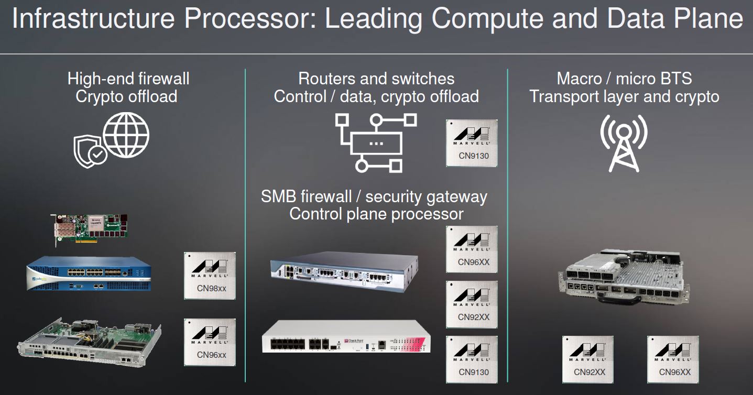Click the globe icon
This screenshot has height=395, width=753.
coord(126,135)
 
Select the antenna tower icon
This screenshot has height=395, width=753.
coord(624,144)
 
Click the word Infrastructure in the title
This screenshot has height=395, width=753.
coord(93,19)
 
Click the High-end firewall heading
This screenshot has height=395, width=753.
coord(128,79)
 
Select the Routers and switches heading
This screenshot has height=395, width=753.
coord(376,79)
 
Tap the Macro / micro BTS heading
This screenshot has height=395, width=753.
coord(624,79)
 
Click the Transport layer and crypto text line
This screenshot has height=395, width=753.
coord(624,97)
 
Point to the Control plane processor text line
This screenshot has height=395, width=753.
coord(376,214)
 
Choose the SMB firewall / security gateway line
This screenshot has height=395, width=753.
coord(374,197)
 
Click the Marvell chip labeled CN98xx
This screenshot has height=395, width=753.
coord(210,276)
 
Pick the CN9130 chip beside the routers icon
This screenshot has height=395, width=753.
coord(472,143)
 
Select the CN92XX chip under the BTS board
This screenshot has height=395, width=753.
coord(588,359)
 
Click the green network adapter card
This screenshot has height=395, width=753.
coord(90,229)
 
